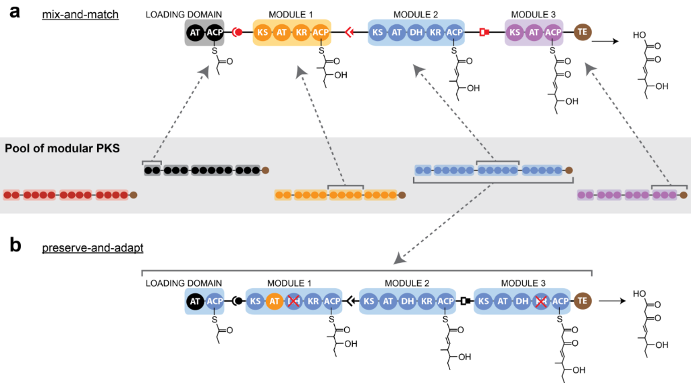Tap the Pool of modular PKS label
coord(62,148)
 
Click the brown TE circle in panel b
coord(581,301)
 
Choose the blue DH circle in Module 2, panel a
coord(416,32)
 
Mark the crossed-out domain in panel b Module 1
coord(293,301)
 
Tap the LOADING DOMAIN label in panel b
coord(184,283)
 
